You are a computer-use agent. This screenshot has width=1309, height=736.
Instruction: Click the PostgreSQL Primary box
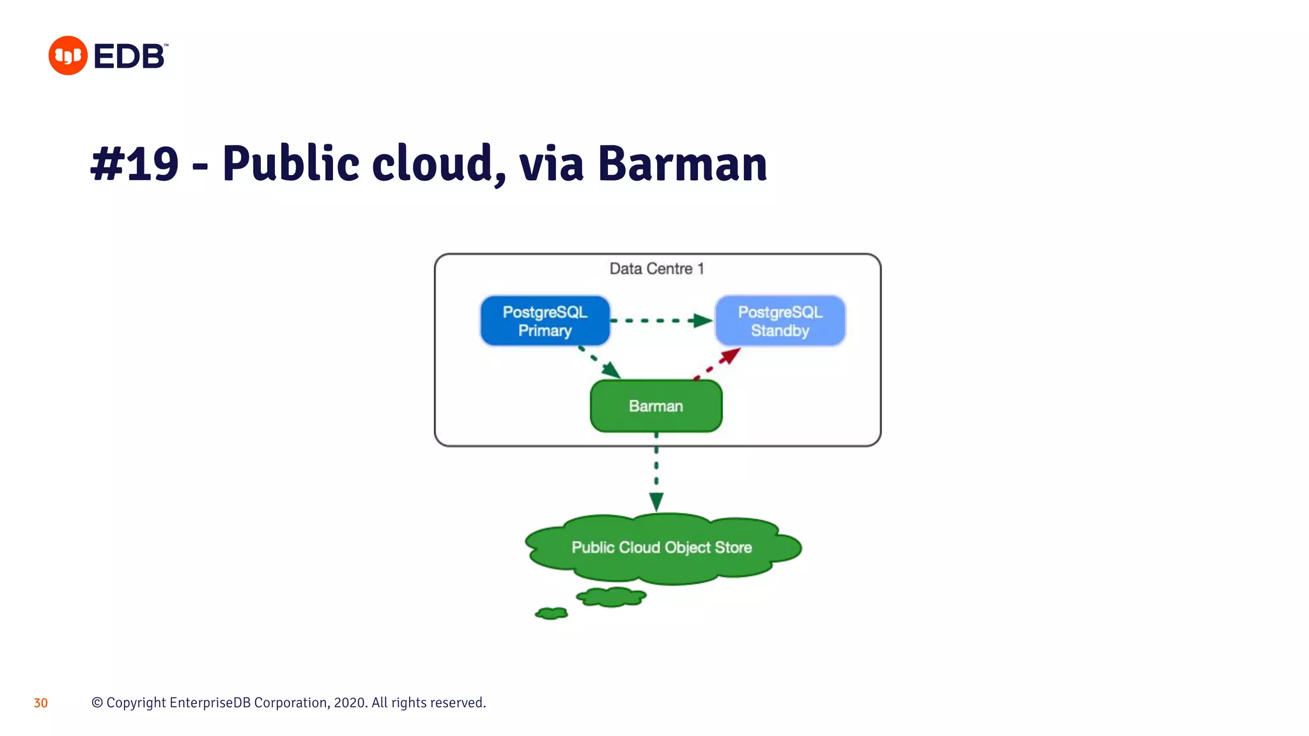tap(545, 321)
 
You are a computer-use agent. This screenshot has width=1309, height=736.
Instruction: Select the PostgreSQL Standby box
tap(780, 321)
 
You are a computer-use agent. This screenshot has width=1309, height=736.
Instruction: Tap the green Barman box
tap(656, 406)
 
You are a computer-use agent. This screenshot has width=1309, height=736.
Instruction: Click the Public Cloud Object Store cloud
tap(662, 548)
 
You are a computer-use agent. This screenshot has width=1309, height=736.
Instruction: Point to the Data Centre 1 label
tap(656, 269)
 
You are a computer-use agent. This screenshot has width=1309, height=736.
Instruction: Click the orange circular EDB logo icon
tap(68, 56)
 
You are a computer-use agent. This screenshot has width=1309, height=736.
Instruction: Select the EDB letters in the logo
tap(129, 56)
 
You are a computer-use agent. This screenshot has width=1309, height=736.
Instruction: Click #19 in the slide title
tap(135, 164)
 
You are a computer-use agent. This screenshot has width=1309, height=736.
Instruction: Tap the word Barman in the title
tap(682, 164)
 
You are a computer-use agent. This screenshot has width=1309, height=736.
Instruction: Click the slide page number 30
tap(41, 703)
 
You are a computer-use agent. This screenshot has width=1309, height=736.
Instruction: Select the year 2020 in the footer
tap(350, 703)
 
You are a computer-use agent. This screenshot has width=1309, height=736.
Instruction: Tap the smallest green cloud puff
tap(552, 613)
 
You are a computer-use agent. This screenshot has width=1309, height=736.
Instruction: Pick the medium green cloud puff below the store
tap(611, 597)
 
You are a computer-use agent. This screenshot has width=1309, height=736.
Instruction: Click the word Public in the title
tap(291, 164)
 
